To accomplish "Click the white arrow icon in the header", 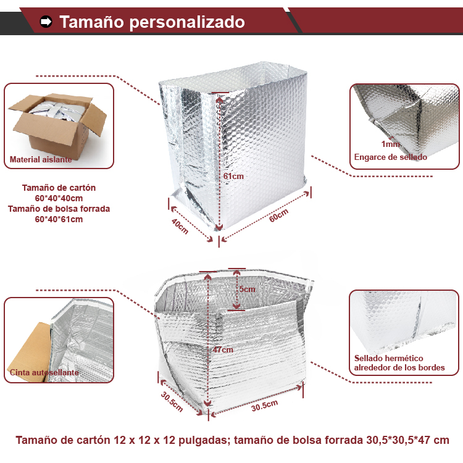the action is point(46,22).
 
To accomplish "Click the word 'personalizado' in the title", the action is point(187,22).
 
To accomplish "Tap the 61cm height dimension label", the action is point(233,177).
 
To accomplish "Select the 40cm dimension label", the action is point(180,226).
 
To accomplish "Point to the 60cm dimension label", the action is point(278,215).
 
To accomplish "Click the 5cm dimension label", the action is point(247,289).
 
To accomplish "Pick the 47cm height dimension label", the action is point(223,349).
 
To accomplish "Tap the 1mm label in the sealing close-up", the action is point(390,144).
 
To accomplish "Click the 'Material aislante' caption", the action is point(41,159).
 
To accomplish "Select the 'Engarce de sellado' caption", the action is point(390,157).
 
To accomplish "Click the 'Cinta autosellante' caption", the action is point(44,372).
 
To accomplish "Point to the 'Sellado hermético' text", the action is point(388,358).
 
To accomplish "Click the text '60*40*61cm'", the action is point(59,219).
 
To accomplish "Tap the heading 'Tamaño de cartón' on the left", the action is point(59,188).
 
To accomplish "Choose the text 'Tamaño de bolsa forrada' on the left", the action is point(59,209).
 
